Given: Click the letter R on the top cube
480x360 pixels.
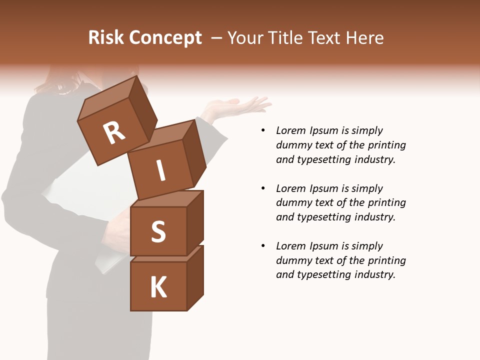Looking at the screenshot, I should point(114,132).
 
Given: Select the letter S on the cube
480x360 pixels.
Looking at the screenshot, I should point(158,231).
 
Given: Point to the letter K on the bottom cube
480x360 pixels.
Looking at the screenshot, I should point(158,287).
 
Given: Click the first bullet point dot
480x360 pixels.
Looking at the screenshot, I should point(263,130).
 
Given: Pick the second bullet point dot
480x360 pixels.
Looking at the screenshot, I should point(263,188).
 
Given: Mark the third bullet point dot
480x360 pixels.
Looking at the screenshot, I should point(263,246).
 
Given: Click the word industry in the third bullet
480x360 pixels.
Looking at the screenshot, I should point(374,274).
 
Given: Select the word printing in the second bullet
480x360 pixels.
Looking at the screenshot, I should point(386,203).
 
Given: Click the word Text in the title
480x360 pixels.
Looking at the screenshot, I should point(323,38).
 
